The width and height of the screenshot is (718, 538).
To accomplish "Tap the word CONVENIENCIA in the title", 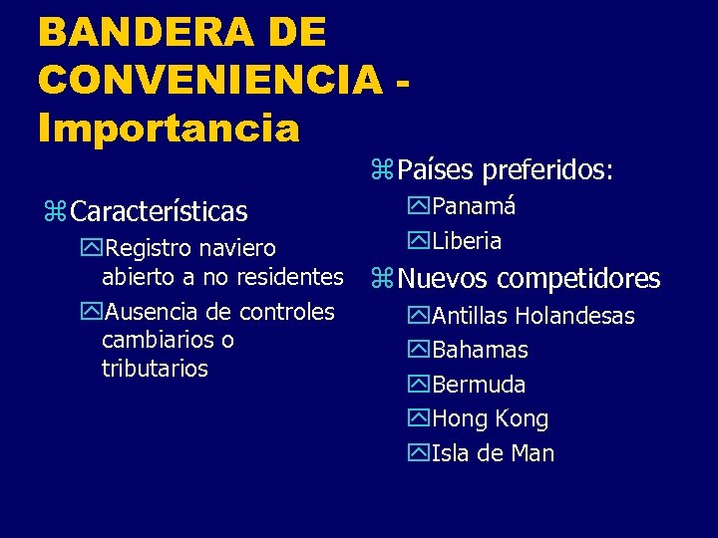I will (x=208, y=81).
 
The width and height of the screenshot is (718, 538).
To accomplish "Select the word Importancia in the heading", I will (x=169, y=128).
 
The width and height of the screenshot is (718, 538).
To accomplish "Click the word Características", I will (x=160, y=212).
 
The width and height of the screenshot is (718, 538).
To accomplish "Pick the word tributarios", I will (x=155, y=369).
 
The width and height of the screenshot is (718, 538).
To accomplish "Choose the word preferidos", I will (x=547, y=171).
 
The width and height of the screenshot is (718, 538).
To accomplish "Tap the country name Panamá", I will (x=474, y=206).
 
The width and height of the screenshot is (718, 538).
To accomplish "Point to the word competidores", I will (x=578, y=279).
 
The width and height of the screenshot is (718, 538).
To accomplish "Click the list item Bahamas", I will (x=480, y=351).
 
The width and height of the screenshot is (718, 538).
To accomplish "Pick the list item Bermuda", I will (x=479, y=385).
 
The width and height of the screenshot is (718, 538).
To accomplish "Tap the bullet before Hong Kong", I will (x=419, y=419).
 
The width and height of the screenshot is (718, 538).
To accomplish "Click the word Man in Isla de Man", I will (x=534, y=454).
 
